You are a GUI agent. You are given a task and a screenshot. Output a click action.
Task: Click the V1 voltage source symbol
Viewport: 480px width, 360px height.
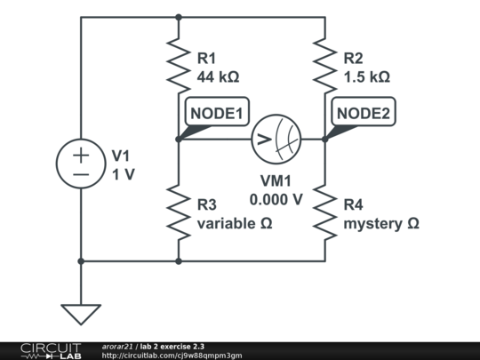[81, 164]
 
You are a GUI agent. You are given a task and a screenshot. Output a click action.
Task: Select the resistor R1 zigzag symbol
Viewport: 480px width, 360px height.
[179, 68]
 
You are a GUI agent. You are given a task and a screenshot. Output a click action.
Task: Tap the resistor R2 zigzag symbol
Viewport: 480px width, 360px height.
[324, 68]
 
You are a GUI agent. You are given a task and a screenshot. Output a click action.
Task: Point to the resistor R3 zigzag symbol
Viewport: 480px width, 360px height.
[179, 212]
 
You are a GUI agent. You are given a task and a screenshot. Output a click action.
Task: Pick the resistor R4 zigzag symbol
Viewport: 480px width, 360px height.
[324, 212]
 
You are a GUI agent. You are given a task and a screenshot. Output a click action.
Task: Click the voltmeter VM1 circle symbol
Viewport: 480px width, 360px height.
[276, 139]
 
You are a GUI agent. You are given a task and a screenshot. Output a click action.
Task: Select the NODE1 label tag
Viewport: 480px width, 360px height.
[216, 114]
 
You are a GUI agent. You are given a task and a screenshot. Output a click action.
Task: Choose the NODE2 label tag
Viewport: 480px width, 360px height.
[363, 114]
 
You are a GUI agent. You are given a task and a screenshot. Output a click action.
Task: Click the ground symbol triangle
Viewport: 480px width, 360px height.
[81, 314]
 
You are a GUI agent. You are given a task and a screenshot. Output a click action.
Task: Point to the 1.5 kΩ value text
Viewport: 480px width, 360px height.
[366, 76]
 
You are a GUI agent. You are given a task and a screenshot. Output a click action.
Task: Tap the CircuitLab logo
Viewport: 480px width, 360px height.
[42, 350]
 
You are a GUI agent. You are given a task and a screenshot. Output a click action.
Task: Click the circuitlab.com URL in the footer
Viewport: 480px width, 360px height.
[172, 356]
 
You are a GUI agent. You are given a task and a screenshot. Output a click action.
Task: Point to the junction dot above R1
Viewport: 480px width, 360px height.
[179, 17]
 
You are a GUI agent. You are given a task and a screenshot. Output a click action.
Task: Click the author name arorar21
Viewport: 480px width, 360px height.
[117, 346]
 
